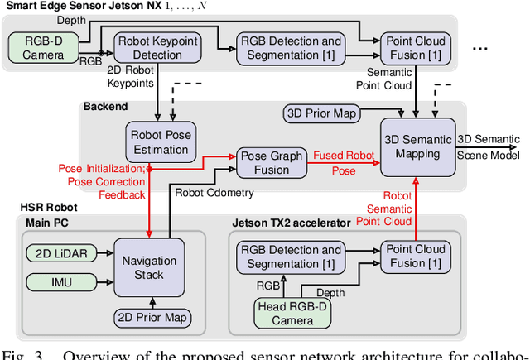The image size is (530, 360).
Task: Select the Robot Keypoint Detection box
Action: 147,46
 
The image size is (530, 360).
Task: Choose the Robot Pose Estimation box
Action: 158,142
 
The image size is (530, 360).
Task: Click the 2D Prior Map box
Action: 152,317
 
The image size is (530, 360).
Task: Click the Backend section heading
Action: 105,106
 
